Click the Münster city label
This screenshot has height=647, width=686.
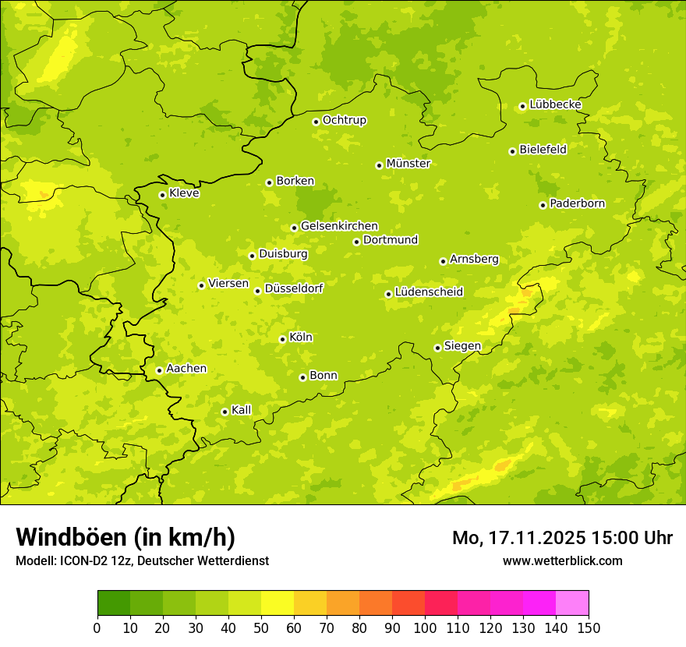pos(408,164)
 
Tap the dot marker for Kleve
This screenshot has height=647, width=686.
pos(162,195)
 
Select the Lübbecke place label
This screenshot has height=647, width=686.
pos(555,104)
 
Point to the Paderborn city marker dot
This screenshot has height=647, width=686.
pos(543,205)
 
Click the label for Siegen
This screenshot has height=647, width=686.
pos(462,346)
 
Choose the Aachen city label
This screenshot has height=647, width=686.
pos(186,369)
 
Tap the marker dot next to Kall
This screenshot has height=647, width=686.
pos(225,412)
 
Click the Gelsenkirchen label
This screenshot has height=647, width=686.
pos(339,226)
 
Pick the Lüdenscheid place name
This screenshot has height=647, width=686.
pos(429,292)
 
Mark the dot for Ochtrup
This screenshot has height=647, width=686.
pos(316,122)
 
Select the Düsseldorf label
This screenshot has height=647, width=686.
pos(294,288)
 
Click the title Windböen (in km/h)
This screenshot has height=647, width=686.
pos(126,537)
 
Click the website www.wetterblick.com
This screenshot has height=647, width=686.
pos(562,560)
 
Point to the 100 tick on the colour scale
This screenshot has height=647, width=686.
pos(425,628)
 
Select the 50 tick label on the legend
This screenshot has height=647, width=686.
pos(261,628)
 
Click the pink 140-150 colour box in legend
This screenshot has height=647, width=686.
pos(572,603)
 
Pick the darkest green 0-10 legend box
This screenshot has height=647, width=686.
pos(114,603)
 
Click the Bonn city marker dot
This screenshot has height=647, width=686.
pos(302,377)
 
